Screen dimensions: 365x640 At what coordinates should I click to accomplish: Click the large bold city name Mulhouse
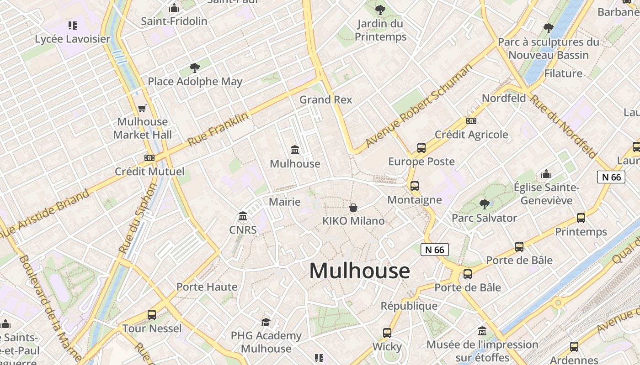(x=360, y=271)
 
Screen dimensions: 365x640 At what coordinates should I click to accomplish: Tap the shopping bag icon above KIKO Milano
(x=353, y=208)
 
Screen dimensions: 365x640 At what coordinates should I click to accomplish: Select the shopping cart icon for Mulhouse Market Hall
(x=142, y=108)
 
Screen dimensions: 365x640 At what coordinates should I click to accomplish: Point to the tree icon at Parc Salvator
(x=484, y=204)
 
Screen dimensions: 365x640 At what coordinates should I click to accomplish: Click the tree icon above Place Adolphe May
(x=195, y=68)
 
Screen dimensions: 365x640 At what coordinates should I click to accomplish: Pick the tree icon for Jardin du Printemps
(x=380, y=10)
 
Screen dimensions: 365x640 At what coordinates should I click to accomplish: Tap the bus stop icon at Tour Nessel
(x=152, y=314)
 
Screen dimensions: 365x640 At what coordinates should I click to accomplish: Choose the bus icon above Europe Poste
(x=421, y=148)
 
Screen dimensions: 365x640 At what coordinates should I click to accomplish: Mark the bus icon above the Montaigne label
(x=415, y=186)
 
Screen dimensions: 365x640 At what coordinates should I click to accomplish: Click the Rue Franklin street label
(x=219, y=129)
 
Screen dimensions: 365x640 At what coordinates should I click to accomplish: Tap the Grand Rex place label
(x=325, y=99)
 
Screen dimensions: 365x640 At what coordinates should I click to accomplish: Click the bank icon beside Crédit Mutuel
(x=149, y=158)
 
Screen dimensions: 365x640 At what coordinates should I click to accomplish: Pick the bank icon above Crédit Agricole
(x=471, y=121)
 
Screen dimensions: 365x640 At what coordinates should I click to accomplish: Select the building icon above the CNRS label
(x=243, y=215)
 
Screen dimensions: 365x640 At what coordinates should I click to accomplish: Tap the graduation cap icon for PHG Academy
(x=266, y=322)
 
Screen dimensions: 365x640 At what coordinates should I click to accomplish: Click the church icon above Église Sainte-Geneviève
(x=546, y=174)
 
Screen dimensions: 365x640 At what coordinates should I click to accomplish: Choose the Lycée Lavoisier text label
(x=73, y=39)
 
